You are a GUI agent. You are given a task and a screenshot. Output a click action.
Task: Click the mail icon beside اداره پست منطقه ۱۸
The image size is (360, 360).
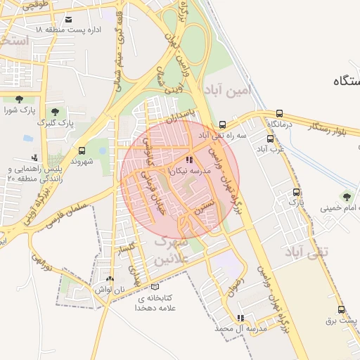[68, 19]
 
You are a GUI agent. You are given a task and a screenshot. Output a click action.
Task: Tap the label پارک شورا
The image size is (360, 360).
[18, 110]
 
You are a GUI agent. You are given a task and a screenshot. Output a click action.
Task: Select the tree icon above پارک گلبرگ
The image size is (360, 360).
[55, 111]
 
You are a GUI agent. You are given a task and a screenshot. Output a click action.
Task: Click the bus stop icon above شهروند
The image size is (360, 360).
[82, 150]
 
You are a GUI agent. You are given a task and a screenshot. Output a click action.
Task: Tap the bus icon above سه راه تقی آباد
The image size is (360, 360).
[222, 124]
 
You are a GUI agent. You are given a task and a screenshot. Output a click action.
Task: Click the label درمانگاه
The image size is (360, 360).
[281, 124]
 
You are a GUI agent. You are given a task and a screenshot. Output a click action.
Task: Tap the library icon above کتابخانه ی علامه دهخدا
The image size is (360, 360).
[155, 286]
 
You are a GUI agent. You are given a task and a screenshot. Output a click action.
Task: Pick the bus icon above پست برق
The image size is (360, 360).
[341, 309]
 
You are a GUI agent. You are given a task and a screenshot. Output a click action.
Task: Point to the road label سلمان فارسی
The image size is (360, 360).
[68, 209]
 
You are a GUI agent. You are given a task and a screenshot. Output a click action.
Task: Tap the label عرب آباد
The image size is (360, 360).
[269, 149]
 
